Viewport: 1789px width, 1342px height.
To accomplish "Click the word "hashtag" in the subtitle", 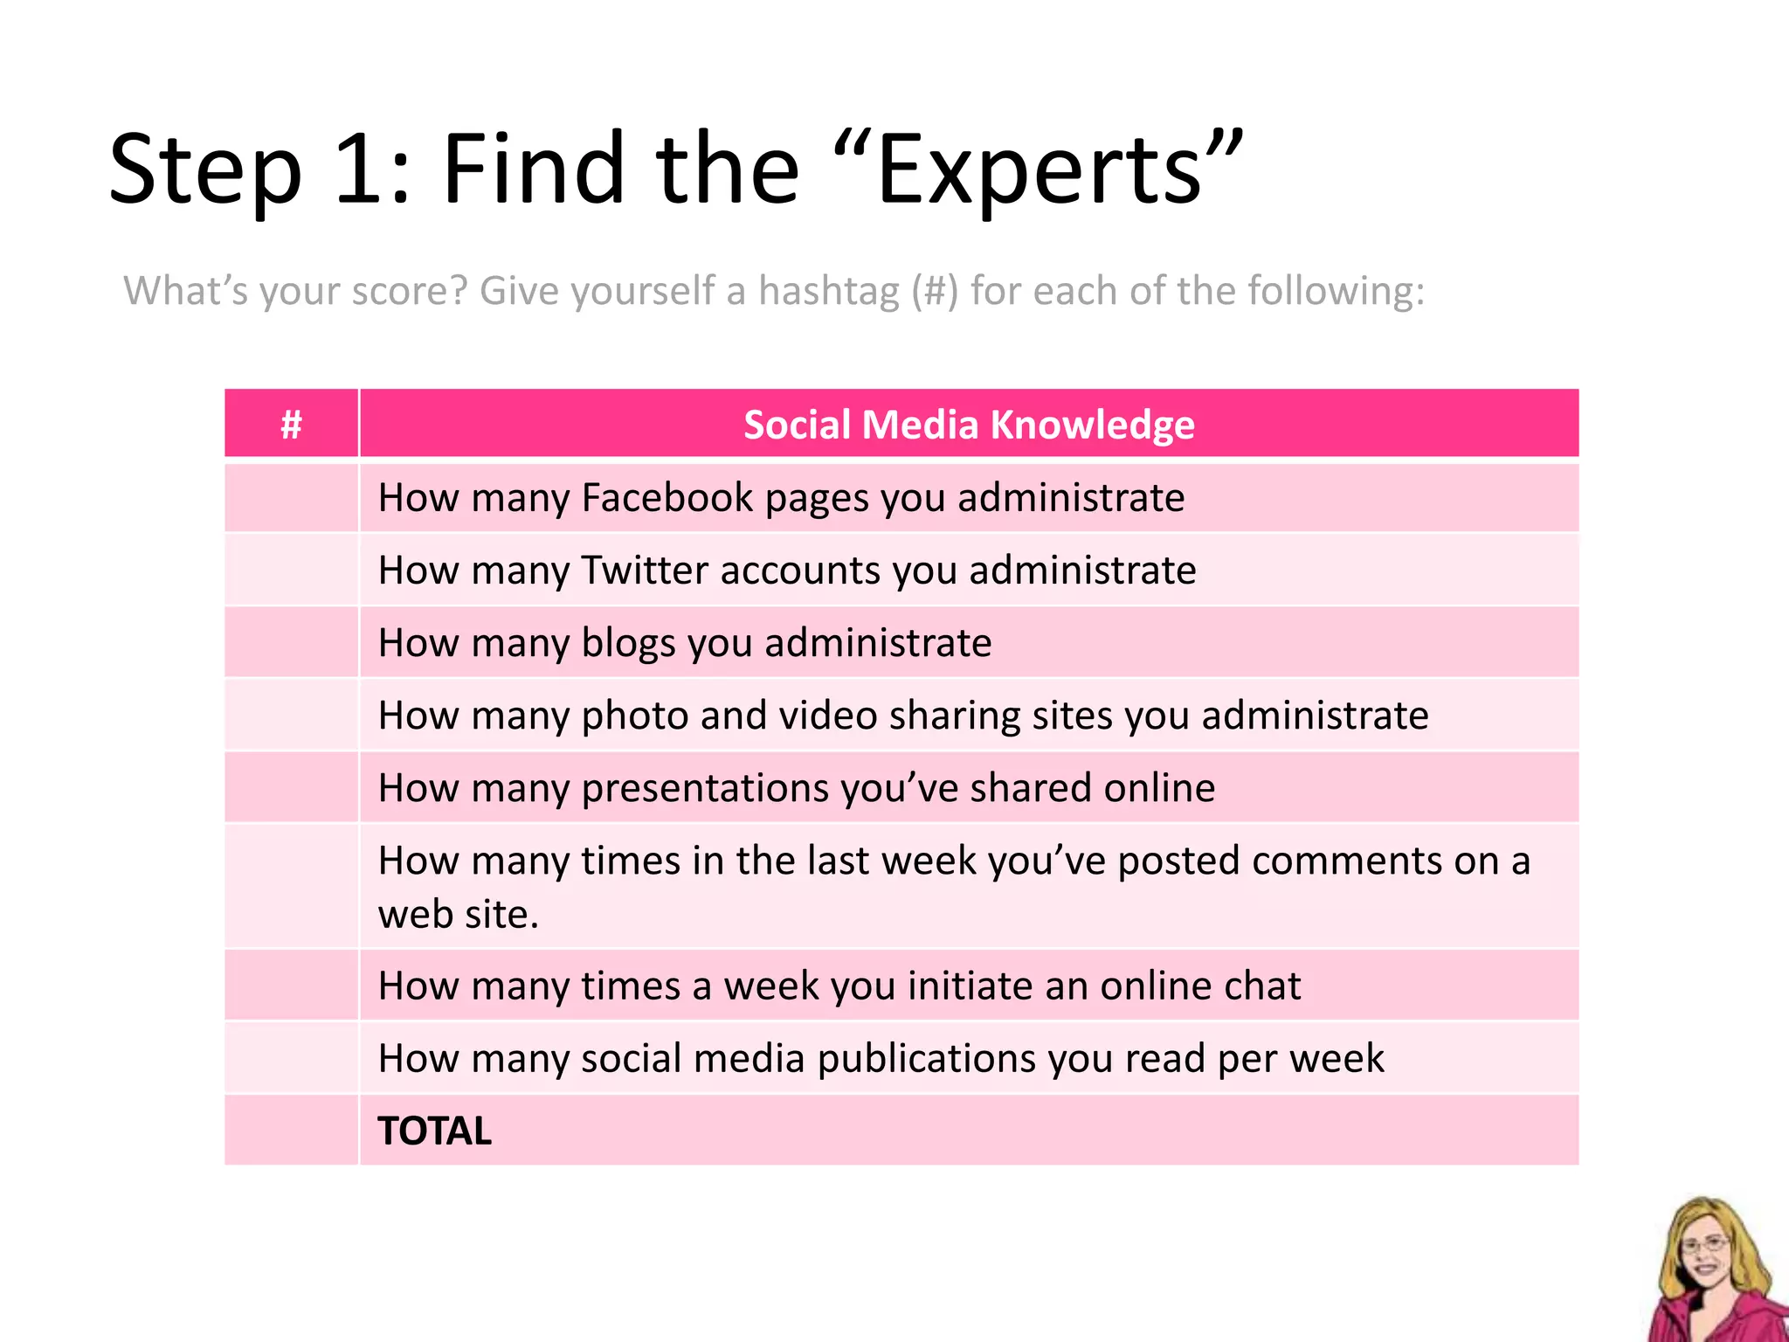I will (x=828, y=291).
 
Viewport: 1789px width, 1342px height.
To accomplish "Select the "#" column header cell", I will (x=291, y=425).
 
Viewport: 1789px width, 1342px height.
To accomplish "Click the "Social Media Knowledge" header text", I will (x=969, y=425).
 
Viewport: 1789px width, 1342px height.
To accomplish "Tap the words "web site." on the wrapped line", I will (x=459, y=915).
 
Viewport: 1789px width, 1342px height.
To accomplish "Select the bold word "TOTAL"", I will (x=435, y=1131).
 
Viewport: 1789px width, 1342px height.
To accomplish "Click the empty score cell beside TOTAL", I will (x=291, y=1131).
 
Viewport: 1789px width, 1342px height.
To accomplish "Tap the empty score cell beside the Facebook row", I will (x=291, y=498).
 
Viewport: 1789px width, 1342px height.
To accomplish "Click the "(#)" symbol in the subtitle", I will (x=935, y=291).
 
